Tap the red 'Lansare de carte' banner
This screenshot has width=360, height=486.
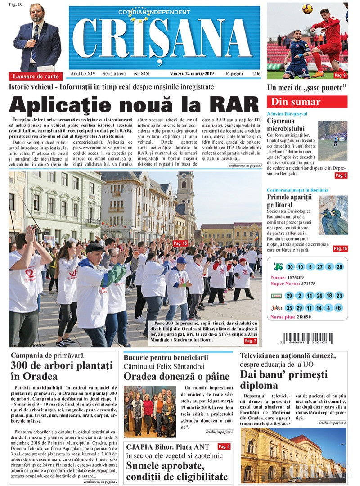click(36, 76)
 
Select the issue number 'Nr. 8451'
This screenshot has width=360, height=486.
click(142, 73)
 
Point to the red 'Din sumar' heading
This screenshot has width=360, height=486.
click(307, 102)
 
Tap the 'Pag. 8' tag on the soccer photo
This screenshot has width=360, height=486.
click(340, 75)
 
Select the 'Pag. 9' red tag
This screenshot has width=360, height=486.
click(341, 175)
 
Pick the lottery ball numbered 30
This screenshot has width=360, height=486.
click(290, 267)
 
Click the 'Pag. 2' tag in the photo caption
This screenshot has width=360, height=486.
click(250, 342)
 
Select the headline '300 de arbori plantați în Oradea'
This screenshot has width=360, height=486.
click(61, 370)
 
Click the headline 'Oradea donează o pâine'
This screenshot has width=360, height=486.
click(176, 376)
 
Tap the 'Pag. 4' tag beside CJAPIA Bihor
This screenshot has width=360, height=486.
click(224, 446)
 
